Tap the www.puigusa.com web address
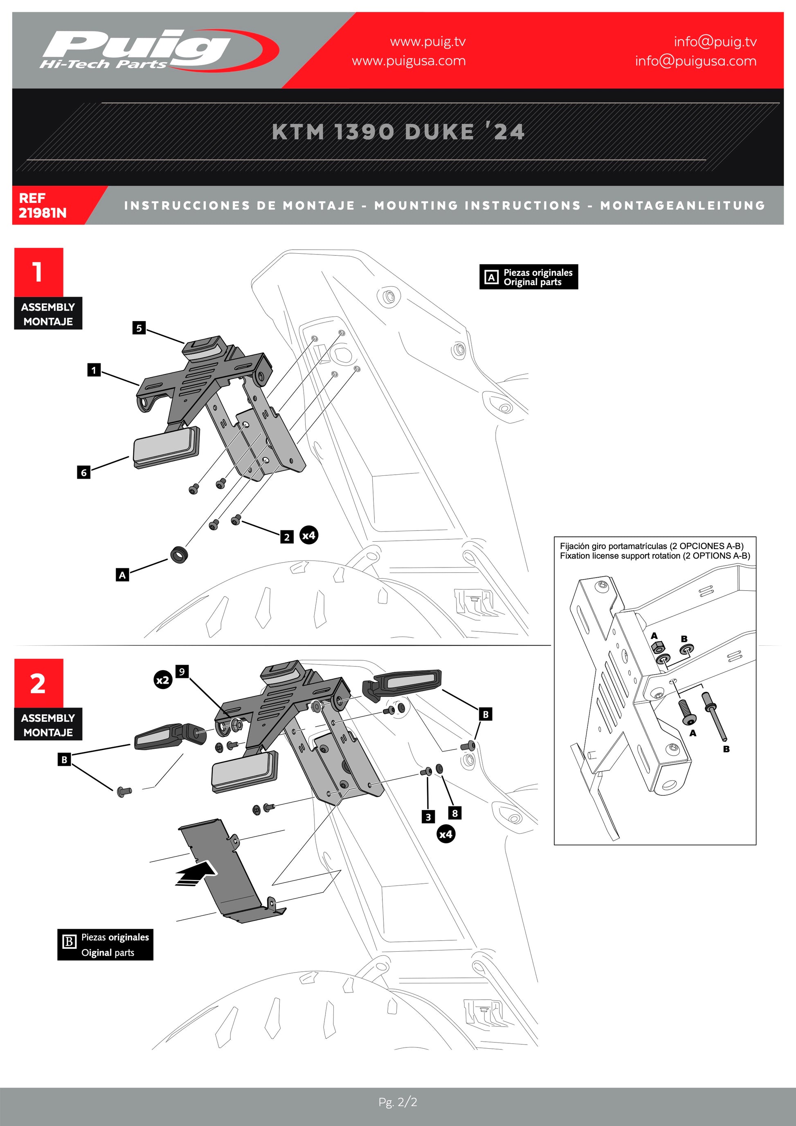[x=408, y=61]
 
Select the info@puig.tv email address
[x=715, y=42]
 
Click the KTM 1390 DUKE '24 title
[x=398, y=131]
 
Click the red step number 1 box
[x=38, y=272]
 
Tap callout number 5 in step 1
[x=139, y=328]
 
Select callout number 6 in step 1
[x=84, y=472]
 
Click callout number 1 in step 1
[x=94, y=370]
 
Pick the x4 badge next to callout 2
[x=309, y=535]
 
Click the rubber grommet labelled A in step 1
[x=179, y=554]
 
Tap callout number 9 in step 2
[x=182, y=671]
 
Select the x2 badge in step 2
[x=163, y=680]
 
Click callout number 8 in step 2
[x=455, y=813]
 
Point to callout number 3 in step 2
[x=428, y=817]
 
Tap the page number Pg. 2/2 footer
[x=398, y=1102]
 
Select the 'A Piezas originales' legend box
[x=528, y=277]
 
